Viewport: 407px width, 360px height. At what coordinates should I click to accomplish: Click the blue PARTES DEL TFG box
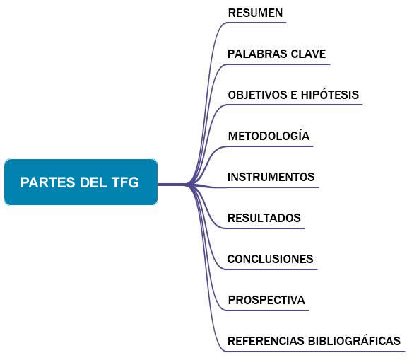pos(81,182)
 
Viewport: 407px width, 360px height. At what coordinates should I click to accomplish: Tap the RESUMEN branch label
pos(255,13)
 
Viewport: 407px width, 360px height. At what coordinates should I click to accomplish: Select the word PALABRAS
pos(257,54)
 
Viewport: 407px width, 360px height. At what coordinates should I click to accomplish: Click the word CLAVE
pos(308,54)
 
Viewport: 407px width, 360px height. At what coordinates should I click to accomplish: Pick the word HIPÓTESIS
pos(330,94)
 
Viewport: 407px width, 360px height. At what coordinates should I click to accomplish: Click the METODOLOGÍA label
pos(269,135)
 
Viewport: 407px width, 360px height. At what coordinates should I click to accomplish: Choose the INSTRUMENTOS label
pos(271,177)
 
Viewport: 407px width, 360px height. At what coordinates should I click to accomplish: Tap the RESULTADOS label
pos(264,218)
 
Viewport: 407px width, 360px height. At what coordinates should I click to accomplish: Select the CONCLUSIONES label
pos(270,259)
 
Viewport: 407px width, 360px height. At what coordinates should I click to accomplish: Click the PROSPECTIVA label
pos(266,300)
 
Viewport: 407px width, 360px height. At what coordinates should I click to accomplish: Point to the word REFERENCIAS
pos(266,341)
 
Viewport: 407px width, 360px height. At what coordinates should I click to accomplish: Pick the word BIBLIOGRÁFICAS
pos(354,340)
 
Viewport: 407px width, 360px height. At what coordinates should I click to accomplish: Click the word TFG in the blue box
pos(125,182)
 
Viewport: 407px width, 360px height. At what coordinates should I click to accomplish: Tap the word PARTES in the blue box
pos(48,182)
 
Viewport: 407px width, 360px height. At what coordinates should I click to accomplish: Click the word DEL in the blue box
pos(93,182)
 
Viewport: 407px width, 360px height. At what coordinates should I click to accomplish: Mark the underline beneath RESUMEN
pos(256,23)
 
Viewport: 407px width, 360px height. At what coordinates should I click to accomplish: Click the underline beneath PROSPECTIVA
pos(267,310)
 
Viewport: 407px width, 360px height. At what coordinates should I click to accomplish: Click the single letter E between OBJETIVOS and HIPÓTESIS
pos(294,95)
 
